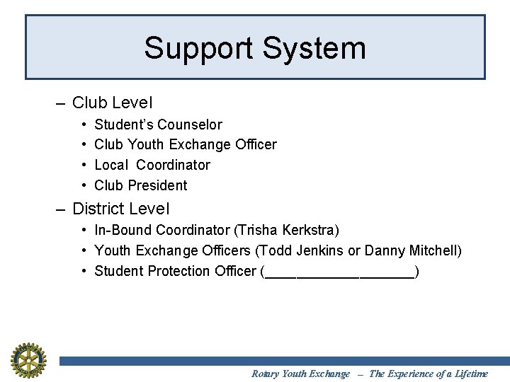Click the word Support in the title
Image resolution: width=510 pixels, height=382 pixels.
click(x=198, y=49)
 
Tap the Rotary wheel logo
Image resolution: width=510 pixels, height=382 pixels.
click(x=28, y=360)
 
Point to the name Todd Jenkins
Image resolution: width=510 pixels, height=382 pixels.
click(x=319, y=251)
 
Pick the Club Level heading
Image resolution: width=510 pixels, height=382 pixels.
click(x=112, y=103)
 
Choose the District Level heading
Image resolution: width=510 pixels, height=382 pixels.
click(x=120, y=209)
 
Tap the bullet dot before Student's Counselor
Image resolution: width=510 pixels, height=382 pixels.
click(x=84, y=125)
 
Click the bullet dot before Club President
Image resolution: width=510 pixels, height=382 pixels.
click(x=84, y=186)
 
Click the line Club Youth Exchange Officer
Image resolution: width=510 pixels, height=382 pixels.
click(x=185, y=145)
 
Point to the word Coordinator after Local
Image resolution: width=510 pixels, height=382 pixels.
click(x=173, y=166)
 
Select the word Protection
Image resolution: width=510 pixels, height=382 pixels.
click(x=178, y=272)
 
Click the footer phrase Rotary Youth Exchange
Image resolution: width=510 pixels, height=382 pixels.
click(x=300, y=374)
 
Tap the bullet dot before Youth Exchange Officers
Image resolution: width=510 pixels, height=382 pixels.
click(x=84, y=251)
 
